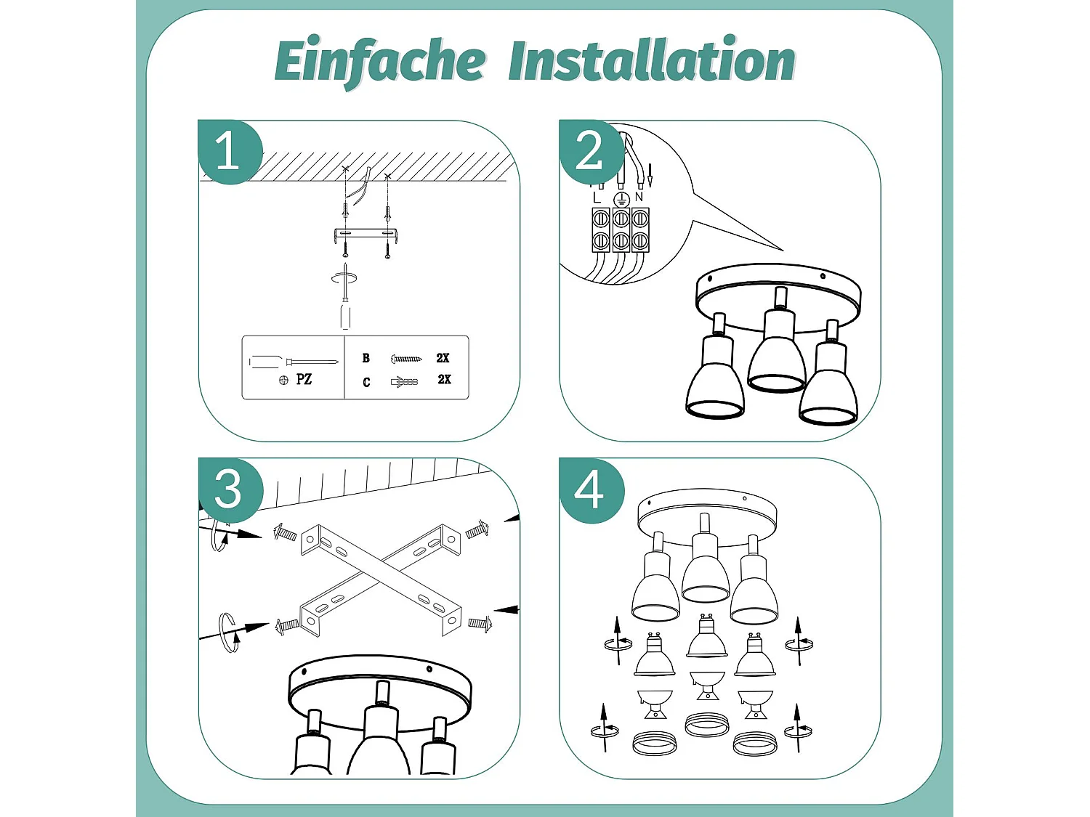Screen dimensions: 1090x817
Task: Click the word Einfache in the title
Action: (x=380, y=62)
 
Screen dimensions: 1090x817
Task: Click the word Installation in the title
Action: (x=652, y=60)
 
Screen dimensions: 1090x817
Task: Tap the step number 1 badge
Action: (x=230, y=152)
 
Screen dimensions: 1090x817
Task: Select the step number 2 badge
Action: (x=591, y=152)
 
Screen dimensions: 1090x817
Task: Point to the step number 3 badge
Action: (x=230, y=490)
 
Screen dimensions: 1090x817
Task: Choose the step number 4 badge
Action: (x=591, y=490)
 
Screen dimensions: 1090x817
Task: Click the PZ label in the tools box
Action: (x=304, y=380)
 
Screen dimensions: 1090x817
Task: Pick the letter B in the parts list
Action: (x=366, y=358)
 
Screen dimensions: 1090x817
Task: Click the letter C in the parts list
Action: (x=366, y=383)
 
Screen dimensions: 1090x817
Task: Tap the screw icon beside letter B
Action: (x=406, y=358)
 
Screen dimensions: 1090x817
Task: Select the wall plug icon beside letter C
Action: (x=405, y=381)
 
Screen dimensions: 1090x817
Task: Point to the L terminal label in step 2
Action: (x=597, y=198)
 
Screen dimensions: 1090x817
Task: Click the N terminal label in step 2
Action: (x=639, y=197)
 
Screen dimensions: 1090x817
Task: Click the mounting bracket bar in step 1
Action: (x=366, y=234)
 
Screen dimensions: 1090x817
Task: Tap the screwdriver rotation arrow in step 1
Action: (x=344, y=279)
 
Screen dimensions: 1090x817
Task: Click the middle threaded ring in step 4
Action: (x=706, y=725)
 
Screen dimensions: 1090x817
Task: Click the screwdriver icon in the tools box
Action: (x=294, y=362)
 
